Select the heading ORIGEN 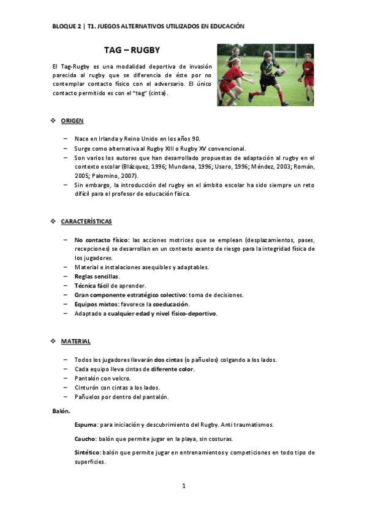click(72, 121)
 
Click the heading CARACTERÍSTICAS click(86, 221)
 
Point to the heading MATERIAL click(76, 341)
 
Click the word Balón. click(61, 411)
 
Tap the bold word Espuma click(85, 424)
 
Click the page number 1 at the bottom click(183, 486)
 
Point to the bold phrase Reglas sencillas click(97, 277)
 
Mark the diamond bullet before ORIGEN click(53, 121)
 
